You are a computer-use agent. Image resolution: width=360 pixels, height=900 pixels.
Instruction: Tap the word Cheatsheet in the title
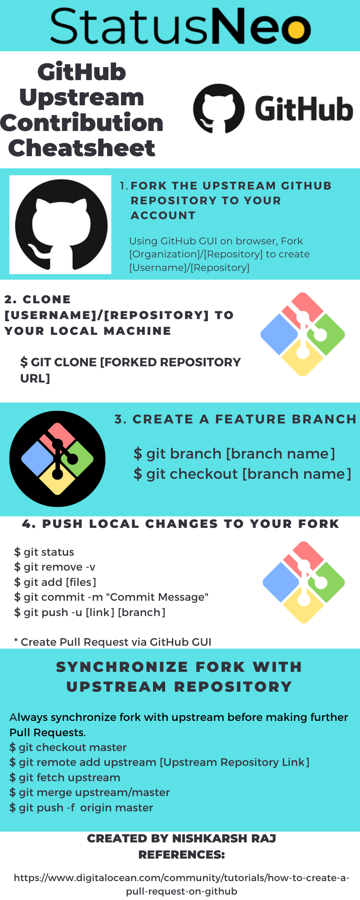[81, 148]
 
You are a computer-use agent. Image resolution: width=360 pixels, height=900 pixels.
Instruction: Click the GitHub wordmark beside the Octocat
[304, 109]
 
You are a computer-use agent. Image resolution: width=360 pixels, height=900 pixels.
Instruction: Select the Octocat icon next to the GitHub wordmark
[219, 108]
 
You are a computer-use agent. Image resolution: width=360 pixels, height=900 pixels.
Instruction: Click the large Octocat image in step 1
[60, 225]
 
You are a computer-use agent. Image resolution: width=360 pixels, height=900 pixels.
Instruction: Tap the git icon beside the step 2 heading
[303, 334]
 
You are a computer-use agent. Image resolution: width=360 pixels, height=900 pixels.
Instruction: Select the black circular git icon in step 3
[57, 459]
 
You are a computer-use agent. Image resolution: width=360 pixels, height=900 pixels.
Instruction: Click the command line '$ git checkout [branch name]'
[242, 474]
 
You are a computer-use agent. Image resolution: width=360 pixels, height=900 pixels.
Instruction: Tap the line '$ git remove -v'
[55, 567]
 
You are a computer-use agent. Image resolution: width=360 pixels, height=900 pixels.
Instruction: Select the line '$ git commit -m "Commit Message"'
[111, 597]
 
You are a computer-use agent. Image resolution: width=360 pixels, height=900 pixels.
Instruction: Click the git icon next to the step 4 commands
[304, 582]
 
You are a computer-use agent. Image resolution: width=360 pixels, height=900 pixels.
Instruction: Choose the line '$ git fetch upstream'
[65, 778]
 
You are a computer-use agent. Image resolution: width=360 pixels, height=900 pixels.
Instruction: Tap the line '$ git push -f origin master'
[81, 808]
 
